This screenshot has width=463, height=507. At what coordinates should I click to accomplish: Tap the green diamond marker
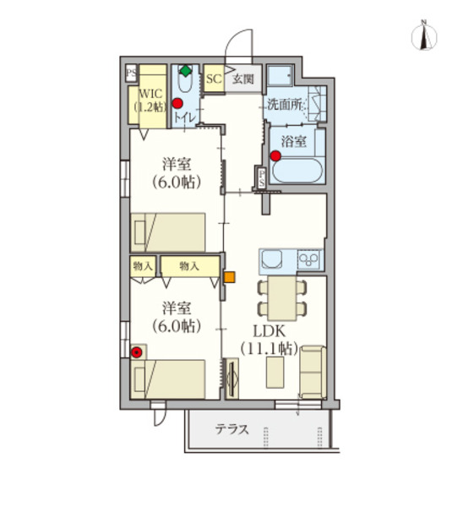185,71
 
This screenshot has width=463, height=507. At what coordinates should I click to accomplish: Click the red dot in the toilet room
177,104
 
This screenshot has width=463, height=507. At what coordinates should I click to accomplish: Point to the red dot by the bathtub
275,155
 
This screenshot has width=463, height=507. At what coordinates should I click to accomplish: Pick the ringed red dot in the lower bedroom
137,352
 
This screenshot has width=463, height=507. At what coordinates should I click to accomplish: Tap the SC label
213,79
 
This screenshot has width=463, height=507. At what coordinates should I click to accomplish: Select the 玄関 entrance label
243,79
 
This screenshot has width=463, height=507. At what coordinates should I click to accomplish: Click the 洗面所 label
285,106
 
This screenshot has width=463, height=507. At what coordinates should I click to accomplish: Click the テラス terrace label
231,429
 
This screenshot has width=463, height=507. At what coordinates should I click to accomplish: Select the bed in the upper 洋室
169,231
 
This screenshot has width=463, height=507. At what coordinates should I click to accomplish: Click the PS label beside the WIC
131,74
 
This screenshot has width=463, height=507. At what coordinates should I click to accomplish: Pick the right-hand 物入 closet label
188,266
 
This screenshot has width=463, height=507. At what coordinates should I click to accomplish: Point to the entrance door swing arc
241,44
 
